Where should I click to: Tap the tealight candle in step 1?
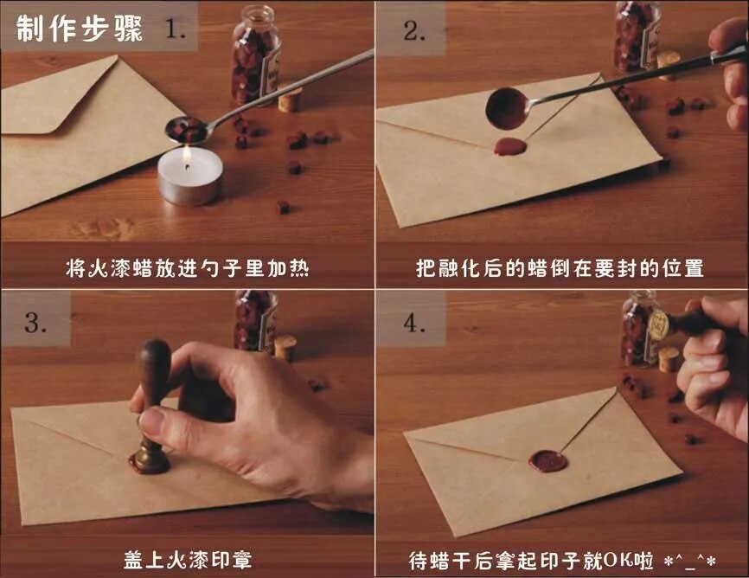190,177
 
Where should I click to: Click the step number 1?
176,29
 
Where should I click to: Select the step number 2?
414,31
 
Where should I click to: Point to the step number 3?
35,322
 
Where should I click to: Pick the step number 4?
413,324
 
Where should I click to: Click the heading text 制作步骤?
80,29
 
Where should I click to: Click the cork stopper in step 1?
290,100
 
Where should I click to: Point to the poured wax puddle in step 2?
509,147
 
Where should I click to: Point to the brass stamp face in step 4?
659,324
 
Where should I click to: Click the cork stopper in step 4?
668,359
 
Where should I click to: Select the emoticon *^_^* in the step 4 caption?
691,562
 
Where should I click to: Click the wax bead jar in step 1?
255,55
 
